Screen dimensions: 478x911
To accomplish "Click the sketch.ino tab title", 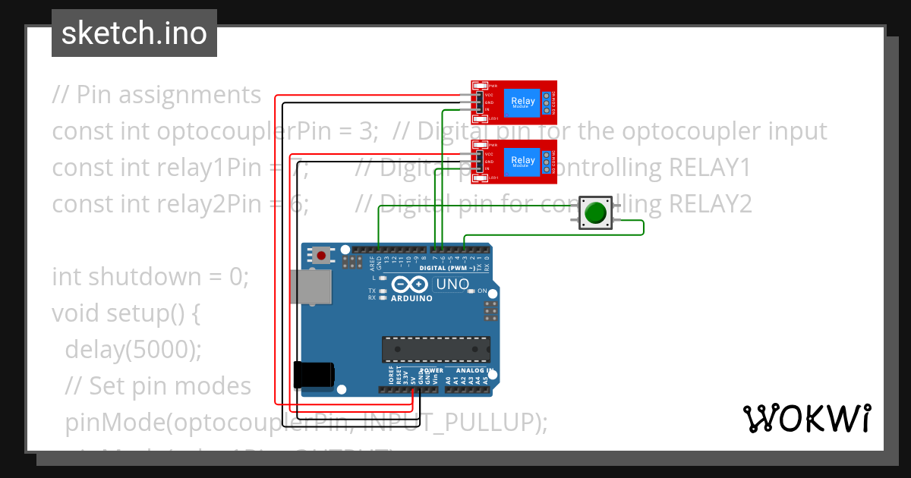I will [x=134, y=33].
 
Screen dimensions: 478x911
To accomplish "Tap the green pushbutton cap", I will [x=596, y=212].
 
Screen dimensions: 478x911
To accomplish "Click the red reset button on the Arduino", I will [x=322, y=255].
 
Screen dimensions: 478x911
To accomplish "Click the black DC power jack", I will [x=313, y=374].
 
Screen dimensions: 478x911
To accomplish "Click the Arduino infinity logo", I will [x=410, y=285].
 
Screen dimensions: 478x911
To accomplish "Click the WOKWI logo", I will [x=806, y=418].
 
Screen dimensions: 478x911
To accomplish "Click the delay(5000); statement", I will [x=134, y=350].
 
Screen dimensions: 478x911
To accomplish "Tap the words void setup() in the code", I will [x=125, y=313].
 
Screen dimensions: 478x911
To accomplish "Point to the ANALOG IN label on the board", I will [x=475, y=370].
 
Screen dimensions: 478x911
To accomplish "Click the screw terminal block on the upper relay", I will [x=546, y=102].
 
